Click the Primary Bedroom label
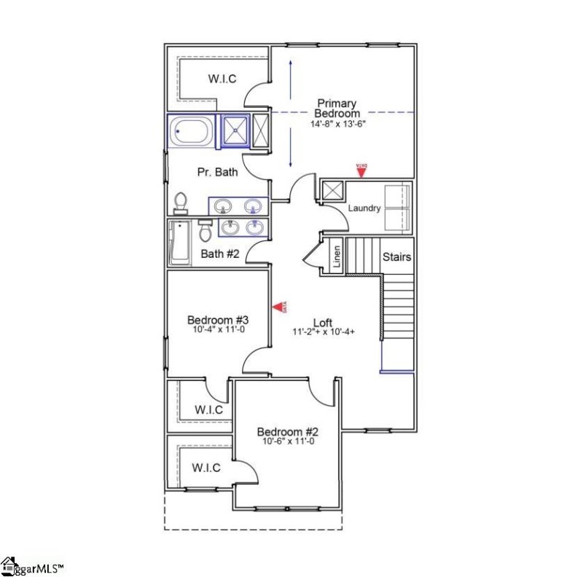click(x=337, y=109)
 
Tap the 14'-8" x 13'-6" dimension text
click(x=337, y=124)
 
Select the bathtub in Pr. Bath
click(x=192, y=133)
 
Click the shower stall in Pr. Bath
click(x=235, y=131)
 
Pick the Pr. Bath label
click(x=218, y=173)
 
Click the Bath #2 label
click(x=220, y=254)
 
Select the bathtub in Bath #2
click(x=178, y=243)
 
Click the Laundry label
click(x=364, y=208)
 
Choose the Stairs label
click(x=397, y=257)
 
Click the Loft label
click(x=324, y=323)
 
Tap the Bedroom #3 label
click(x=219, y=320)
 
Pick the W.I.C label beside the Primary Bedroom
click(x=222, y=79)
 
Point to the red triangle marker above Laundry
click(x=360, y=170)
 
